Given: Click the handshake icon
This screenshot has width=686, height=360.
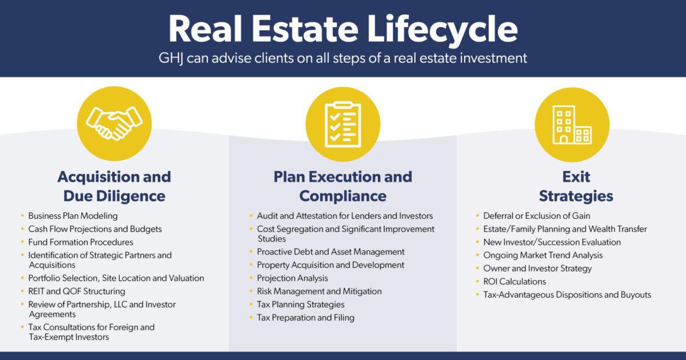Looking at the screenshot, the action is (114, 123).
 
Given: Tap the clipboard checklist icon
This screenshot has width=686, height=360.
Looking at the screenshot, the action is (343, 123).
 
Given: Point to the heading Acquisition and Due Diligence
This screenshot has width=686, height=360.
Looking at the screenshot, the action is (114, 186).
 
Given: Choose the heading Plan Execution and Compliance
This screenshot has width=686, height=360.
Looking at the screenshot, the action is (343, 186).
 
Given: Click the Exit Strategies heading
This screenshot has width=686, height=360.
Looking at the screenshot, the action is (576, 186).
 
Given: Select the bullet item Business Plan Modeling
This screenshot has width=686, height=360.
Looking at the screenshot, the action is (73, 216).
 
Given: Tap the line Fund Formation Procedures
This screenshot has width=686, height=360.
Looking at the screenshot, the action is (81, 242).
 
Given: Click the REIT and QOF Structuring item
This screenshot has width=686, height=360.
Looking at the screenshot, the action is (77, 291).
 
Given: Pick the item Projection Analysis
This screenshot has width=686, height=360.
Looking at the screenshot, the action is (292, 278).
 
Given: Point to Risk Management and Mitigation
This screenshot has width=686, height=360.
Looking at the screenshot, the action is (319, 291).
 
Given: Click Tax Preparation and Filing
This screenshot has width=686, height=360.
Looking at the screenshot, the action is (305, 318).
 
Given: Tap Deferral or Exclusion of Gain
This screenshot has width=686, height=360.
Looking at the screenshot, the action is (537, 216).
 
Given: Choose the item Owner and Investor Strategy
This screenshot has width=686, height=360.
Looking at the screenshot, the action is (537, 269).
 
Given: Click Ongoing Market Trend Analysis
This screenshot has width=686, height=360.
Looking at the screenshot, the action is (543, 255).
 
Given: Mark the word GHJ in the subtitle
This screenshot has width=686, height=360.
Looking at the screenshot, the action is (172, 58).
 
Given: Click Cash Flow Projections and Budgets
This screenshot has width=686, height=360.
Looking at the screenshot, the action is (95, 229).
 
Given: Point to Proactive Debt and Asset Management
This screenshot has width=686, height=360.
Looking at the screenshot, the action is (330, 252).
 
